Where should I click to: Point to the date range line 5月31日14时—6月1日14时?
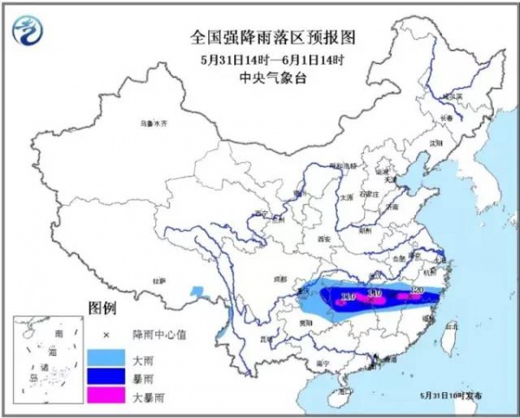[x=260, y=59]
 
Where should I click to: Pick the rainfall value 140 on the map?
[x=375, y=294]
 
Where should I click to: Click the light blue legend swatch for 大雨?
[x=106, y=356]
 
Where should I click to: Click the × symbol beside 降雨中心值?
[x=106, y=334]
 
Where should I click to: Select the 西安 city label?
[x=324, y=237]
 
